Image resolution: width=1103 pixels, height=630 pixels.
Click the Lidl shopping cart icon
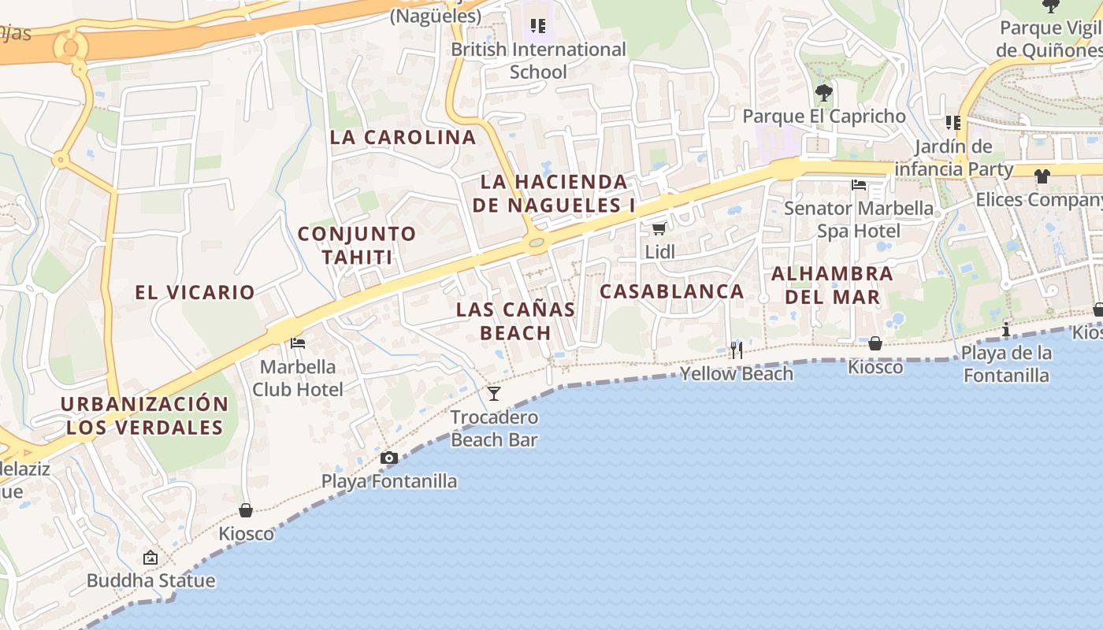coord(659,228)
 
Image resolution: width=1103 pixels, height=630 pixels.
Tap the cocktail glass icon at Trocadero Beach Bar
coord(494,393)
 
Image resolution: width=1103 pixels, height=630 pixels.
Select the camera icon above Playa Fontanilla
coord(388,458)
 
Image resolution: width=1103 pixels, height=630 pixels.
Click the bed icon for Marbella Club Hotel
coord(298,343)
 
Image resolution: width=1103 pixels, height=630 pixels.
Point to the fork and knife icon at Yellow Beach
coord(737,350)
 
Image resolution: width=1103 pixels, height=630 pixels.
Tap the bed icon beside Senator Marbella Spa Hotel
coord(859,185)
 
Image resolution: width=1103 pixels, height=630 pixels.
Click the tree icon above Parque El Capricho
coord(824,93)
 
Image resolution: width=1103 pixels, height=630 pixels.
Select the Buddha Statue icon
coord(150,558)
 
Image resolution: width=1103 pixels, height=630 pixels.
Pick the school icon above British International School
coord(538,26)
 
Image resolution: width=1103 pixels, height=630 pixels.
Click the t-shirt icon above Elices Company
coord(1042,176)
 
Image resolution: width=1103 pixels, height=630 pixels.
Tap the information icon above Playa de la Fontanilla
coord(1006,329)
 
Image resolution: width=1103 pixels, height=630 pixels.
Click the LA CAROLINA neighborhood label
coord(403,137)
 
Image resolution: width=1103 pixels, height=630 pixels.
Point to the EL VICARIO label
coord(195,292)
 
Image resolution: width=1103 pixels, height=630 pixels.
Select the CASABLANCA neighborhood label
coord(671,291)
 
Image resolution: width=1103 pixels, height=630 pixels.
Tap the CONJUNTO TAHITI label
coord(357,245)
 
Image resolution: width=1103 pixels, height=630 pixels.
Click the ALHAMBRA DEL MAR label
coord(832,285)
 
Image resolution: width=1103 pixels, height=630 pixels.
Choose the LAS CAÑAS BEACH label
coord(515,321)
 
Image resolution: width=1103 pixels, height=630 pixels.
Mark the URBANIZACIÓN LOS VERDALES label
coord(145,416)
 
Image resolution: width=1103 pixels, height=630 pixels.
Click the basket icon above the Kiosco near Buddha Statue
coord(246,510)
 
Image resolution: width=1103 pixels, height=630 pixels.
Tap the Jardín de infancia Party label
coord(954,157)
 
